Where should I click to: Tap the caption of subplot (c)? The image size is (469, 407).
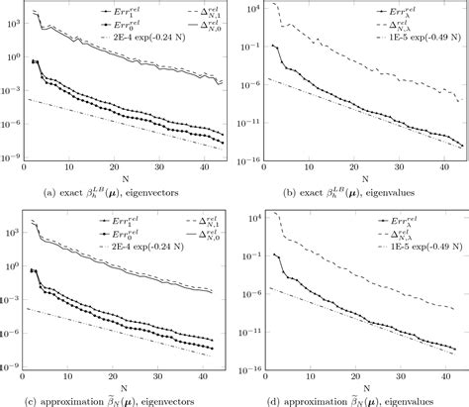116,397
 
